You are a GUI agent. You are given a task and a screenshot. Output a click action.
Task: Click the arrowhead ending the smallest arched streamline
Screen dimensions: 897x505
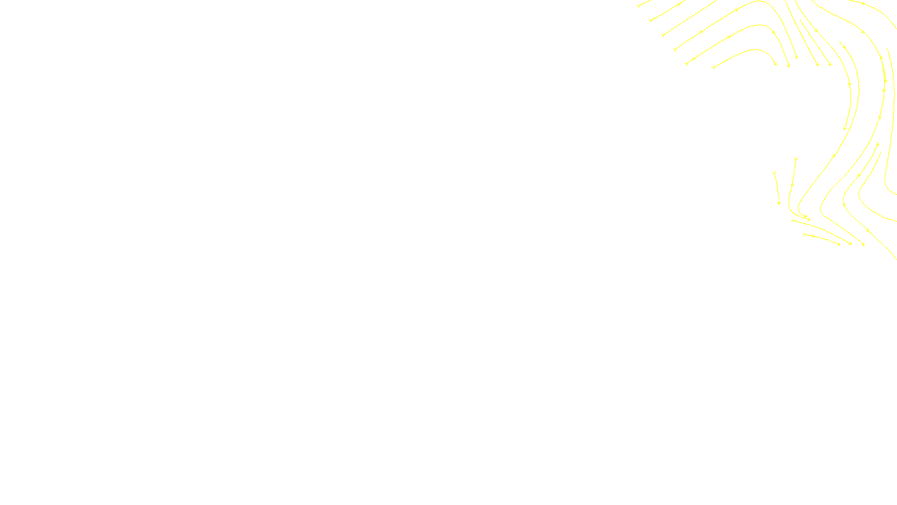[x=776, y=65]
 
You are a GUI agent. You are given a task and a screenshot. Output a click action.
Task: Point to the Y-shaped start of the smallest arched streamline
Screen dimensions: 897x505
[x=713, y=68]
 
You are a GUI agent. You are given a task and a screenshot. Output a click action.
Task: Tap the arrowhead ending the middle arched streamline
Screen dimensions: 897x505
[x=788, y=66]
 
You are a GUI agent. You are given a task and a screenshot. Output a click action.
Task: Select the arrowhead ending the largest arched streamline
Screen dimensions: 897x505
[x=796, y=58]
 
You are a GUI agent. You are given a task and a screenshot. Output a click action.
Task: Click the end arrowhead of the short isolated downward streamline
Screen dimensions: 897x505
[x=779, y=203]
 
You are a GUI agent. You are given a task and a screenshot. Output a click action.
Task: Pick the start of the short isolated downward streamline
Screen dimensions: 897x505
[x=774, y=172]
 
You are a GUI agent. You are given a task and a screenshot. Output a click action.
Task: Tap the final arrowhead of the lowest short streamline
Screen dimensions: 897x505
[x=839, y=244]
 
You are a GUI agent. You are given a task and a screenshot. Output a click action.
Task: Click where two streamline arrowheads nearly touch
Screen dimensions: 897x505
[x=808, y=218]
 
